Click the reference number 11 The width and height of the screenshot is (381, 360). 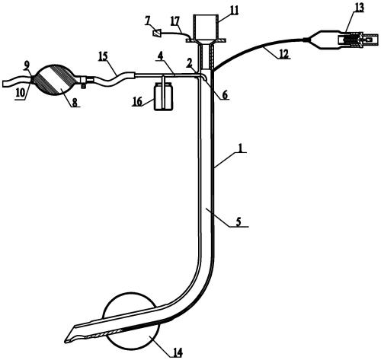(x=234, y=11)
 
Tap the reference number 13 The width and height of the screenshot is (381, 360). (x=359, y=7)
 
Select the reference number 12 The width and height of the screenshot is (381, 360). (x=284, y=54)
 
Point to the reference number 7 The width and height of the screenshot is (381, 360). (x=148, y=21)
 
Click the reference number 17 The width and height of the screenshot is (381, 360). (x=174, y=21)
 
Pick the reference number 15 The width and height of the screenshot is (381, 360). (x=104, y=56)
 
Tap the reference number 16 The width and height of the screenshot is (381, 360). (x=137, y=102)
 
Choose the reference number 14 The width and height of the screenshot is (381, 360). (x=178, y=352)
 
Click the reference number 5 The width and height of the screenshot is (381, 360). (x=238, y=221)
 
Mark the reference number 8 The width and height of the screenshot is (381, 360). (x=74, y=103)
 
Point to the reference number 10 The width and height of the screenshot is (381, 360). (x=21, y=93)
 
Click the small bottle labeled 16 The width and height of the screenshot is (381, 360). (x=164, y=97)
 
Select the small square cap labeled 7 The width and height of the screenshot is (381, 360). (x=156, y=33)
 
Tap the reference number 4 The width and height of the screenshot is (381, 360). (x=160, y=57)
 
